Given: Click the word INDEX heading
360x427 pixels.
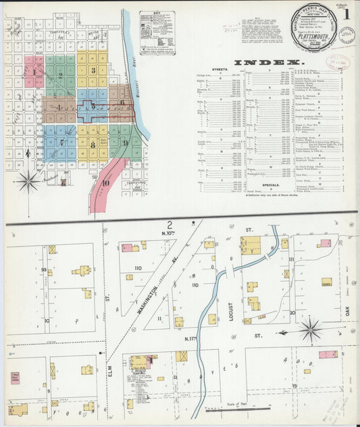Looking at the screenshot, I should pyautogui.click(x=267, y=63).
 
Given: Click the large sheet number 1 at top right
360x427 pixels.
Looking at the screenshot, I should pyautogui.click(x=346, y=14).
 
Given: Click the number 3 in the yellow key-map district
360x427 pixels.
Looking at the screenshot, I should pyautogui.click(x=93, y=70).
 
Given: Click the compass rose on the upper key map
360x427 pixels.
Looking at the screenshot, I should pyautogui.click(x=28, y=180).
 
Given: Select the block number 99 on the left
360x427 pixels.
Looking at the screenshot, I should pyautogui.click(x=44, y=270).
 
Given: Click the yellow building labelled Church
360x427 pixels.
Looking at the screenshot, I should pyautogui.click(x=326, y=282).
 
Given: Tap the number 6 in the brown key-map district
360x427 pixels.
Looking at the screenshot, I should pyautogui.click(x=122, y=103).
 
